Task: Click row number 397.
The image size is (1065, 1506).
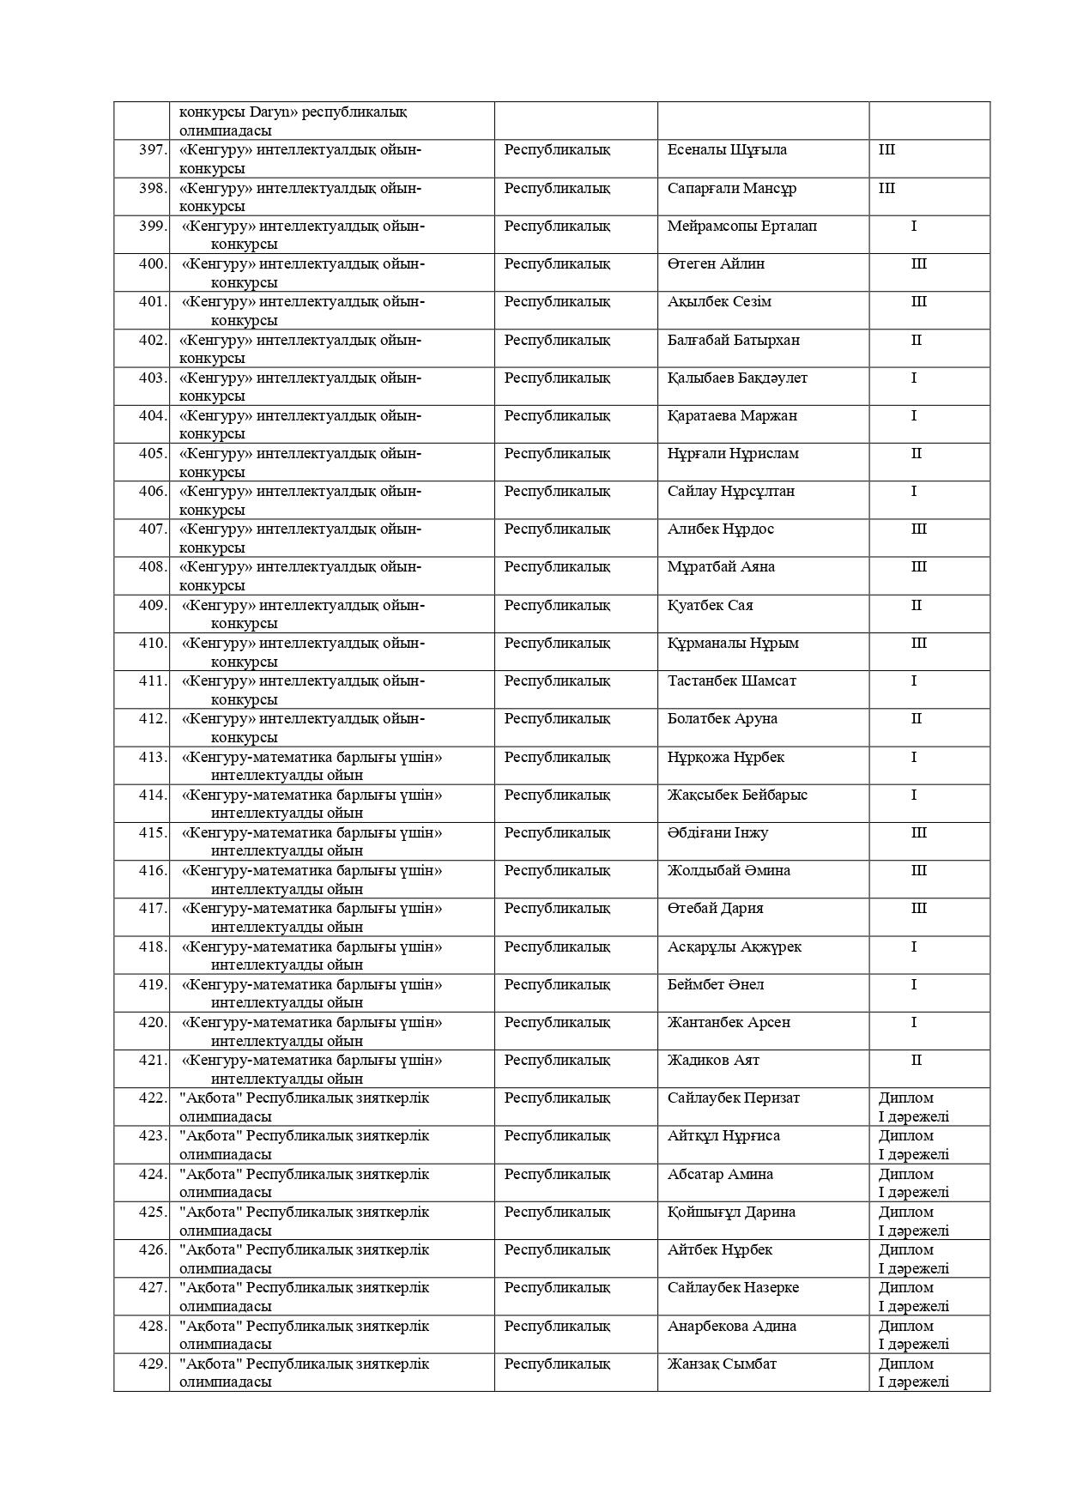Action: coord(153,150)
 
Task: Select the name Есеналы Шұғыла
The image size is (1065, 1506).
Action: coord(726,150)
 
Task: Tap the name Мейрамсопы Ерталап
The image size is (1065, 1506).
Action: coord(741,227)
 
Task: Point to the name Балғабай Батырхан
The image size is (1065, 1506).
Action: coord(733,340)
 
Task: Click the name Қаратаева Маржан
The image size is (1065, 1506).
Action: coord(731,416)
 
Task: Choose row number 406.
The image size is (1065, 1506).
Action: coord(153,492)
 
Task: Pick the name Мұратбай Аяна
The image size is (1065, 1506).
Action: coord(721,567)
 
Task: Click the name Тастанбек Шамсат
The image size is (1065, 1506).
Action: coord(731,681)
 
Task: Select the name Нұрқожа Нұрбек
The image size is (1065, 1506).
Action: coord(725,758)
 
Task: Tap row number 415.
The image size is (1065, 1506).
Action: coord(153,833)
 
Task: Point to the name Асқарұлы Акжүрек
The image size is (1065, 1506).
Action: coord(734,947)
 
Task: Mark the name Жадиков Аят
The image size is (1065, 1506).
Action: coord(713,1061)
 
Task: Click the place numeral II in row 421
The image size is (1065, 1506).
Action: coord(916,1061)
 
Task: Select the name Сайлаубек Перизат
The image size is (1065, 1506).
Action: coord(733,1098)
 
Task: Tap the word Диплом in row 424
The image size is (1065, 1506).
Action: coord(905,1175)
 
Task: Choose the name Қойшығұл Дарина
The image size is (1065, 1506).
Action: coord(731,1213)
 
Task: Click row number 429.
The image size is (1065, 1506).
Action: coord(153,1364)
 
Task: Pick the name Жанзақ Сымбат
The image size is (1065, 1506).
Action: coord(722,1364)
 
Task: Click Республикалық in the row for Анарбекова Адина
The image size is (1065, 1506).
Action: coord(557,1327)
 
